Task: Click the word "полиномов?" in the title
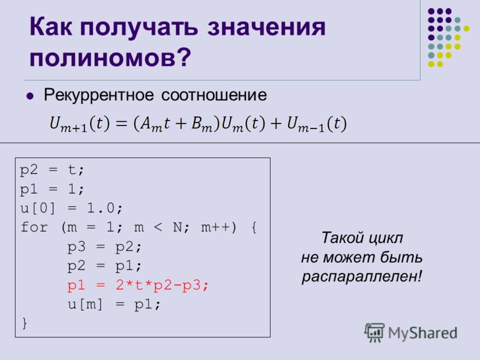[x=110, y=58]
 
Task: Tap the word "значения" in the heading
[x=266, y=27]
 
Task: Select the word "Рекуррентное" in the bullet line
[x=98, y=95]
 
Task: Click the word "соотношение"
[x=214, y=95]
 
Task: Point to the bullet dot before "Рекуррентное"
[x=30, y=96]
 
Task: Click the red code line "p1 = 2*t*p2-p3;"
[x=138, y=286]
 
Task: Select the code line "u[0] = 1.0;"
[x=71, y=208]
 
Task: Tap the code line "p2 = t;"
[x=52, y=170]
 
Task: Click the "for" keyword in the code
[x=34, y=227]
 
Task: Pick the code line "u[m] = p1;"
[x=114, y=305]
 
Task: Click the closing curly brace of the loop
[x=25, y=323]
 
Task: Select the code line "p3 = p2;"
[x=104, y=247]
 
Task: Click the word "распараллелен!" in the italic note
[x=362, y=277]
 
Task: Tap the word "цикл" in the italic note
[x=385, y=238]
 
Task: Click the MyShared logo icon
[x=374, y=332]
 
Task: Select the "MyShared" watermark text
[x=422, y=333]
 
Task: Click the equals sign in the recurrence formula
[x=122, y=124]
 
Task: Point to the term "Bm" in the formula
[x=202, y=124]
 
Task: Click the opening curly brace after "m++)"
[x=254, y=227]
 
